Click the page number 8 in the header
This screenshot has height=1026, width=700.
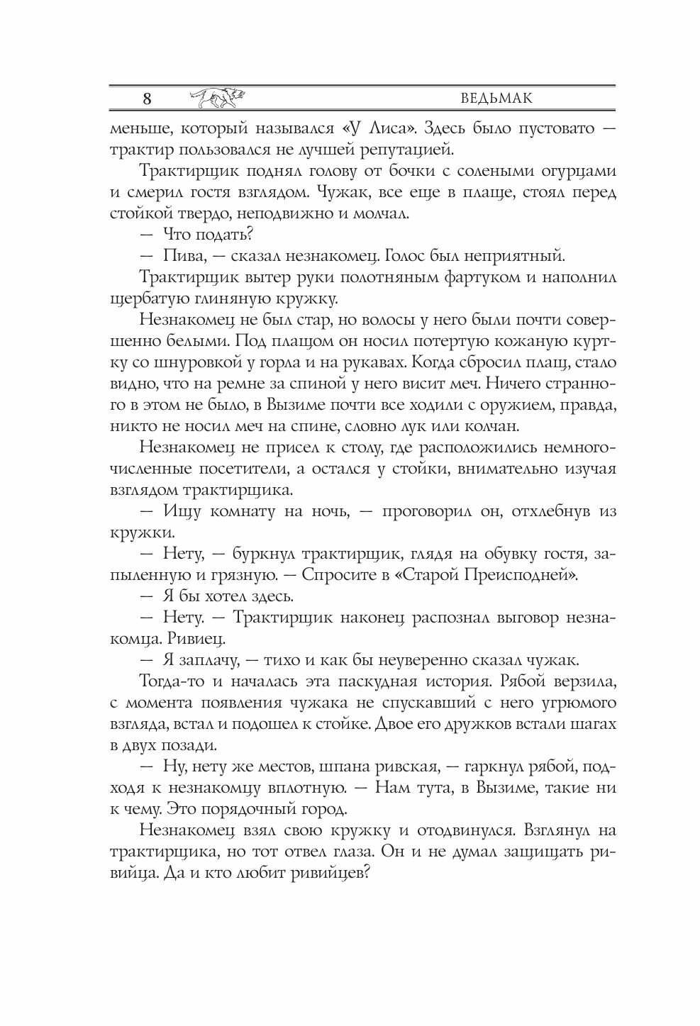147,99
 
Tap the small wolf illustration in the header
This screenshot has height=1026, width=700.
218,98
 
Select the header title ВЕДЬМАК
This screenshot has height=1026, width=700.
496,98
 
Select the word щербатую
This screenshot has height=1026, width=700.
148,298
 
